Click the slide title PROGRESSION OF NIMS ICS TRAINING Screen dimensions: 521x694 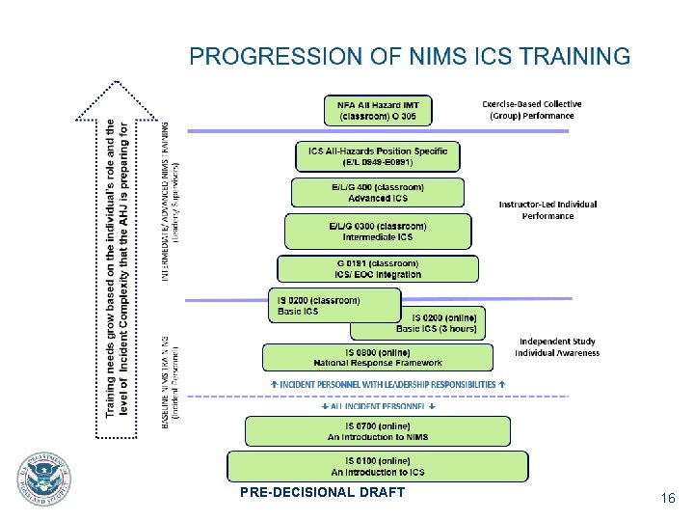[410, 56]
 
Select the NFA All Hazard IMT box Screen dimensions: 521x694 [378, 110]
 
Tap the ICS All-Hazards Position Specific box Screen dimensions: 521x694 [378, 156]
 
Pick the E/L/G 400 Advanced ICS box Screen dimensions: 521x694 [378, 192]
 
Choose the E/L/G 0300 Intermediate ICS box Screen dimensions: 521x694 [378, 232]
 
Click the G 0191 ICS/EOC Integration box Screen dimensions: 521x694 [378, 268]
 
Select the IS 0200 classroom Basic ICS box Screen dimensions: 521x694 [334, 306]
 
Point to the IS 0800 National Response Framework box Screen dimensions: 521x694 [378, 357]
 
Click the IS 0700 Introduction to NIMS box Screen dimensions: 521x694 [378, 431]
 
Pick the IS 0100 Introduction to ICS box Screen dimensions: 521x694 [378, 467]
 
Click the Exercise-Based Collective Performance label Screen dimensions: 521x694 [531, 110]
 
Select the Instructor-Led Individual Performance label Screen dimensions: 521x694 [547, 209]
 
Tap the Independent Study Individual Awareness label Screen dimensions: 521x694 [557, 346]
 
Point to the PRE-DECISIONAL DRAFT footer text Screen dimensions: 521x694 [323, 493]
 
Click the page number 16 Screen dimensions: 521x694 [667, 498]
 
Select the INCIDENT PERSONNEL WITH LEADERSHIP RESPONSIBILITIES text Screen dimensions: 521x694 [387, 384]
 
